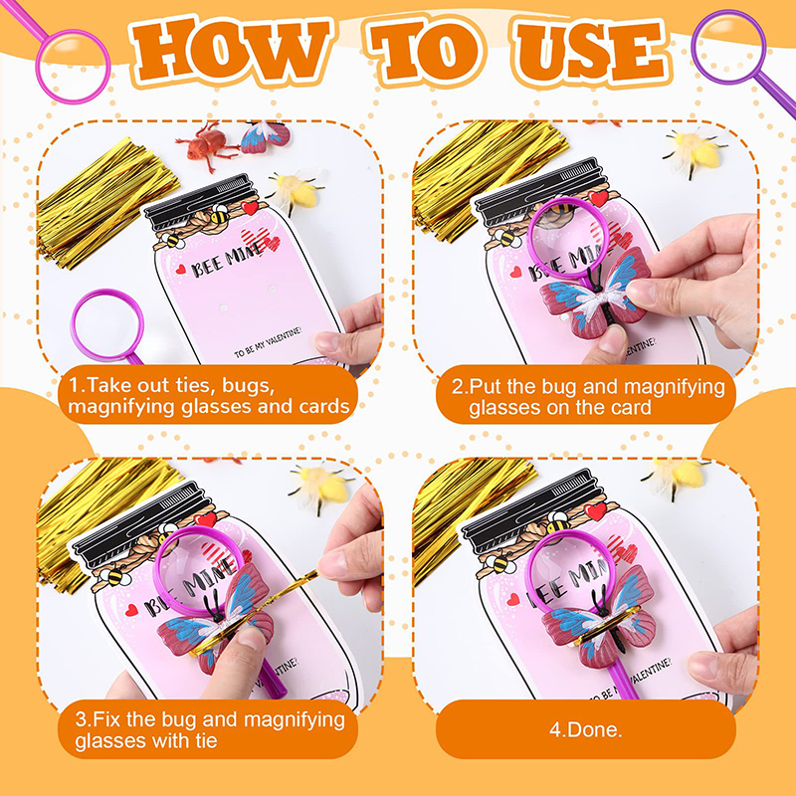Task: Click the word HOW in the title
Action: click(x=232, y=50)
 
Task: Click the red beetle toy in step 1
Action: click(x=206, y=144)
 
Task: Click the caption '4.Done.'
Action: click(x=586, y=729)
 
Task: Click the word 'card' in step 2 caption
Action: click(x=630, y=407)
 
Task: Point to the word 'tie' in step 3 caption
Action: click(x=203, y=740)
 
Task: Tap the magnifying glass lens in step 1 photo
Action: click(x=107, y=323)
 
